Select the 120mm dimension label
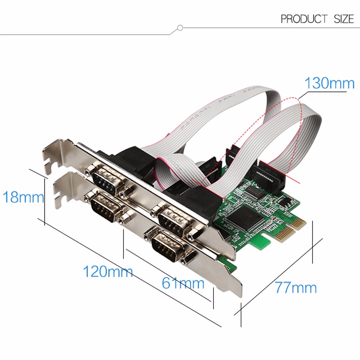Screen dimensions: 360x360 tap(108, 271)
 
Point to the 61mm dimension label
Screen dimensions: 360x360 tap(183, 283)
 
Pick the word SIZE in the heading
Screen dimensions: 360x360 tap(344, 19)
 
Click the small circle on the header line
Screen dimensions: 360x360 tap(180, 28)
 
